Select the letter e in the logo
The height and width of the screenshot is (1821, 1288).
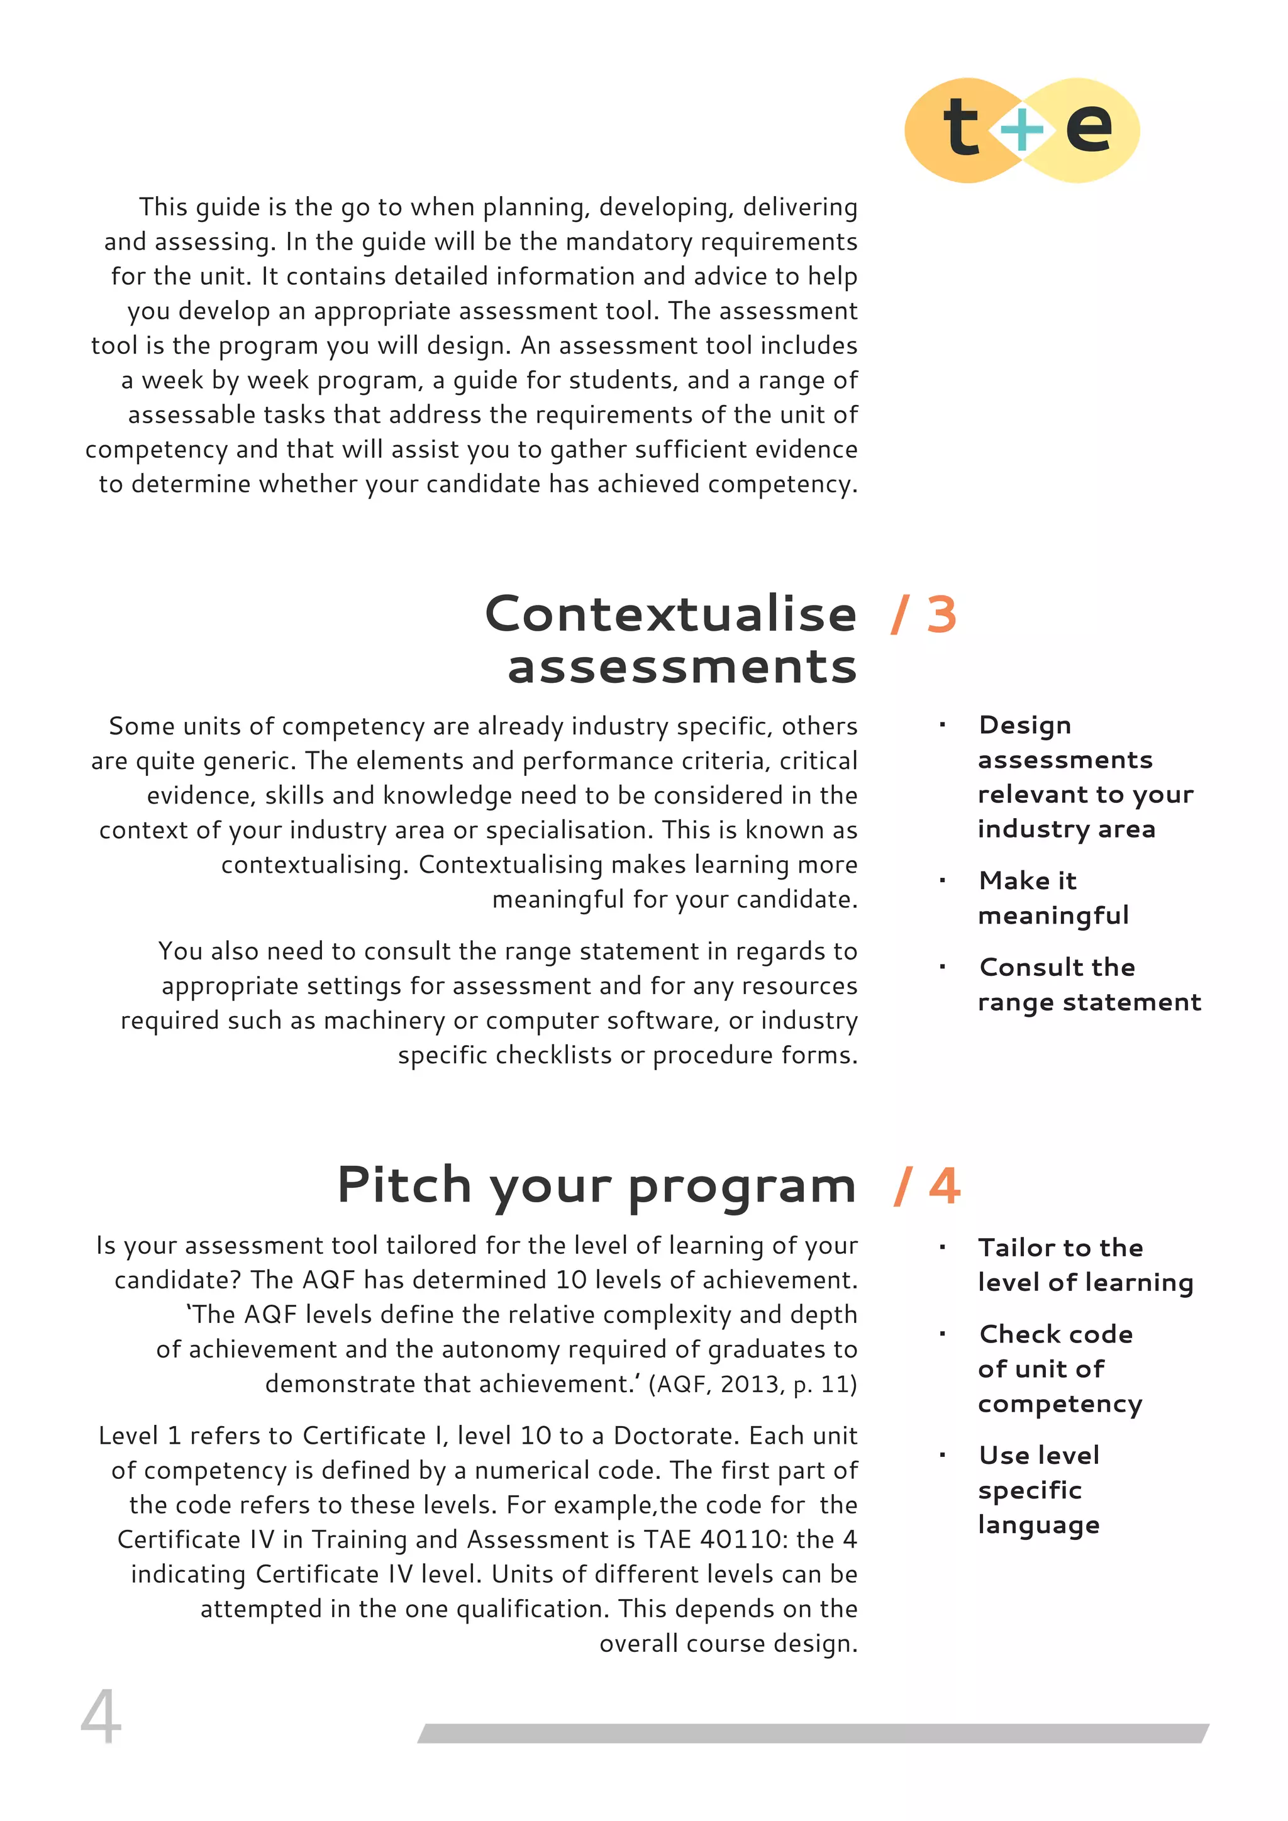click(1089, 128)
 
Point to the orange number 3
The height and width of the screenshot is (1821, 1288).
click(941, 616)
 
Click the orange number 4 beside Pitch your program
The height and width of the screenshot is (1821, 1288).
click(944, 1187)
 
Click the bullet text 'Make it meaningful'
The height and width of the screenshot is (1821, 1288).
click(1053, 898)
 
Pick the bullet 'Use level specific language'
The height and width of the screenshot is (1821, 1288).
click(1039, 1490)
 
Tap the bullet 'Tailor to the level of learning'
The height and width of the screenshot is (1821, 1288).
click(1084, 1265)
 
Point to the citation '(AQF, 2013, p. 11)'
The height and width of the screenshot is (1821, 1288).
click(752, 1384)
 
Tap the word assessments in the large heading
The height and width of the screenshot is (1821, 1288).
click(682, 667)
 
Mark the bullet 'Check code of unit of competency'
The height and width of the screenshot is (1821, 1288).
click(1059, 1369)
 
